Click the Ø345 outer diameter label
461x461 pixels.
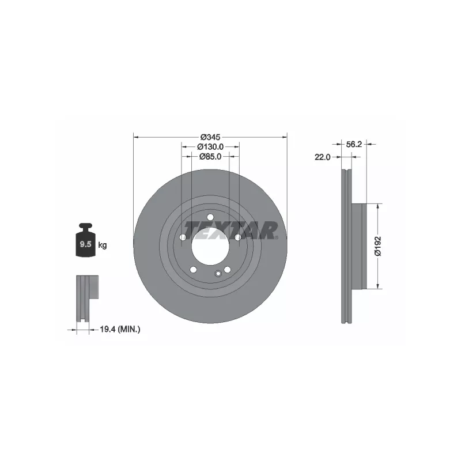click(210, 137)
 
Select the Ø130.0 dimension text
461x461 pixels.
click(210, 146)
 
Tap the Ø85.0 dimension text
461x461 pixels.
click(210, 156)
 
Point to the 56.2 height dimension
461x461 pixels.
click(354, 144)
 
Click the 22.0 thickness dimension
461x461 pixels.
click(323, 157)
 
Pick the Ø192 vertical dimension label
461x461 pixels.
click(378, 246)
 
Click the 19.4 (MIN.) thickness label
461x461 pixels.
click(120, 330)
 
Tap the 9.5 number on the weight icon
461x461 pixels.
click(85, 244)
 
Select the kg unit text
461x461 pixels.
click(103, 245)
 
